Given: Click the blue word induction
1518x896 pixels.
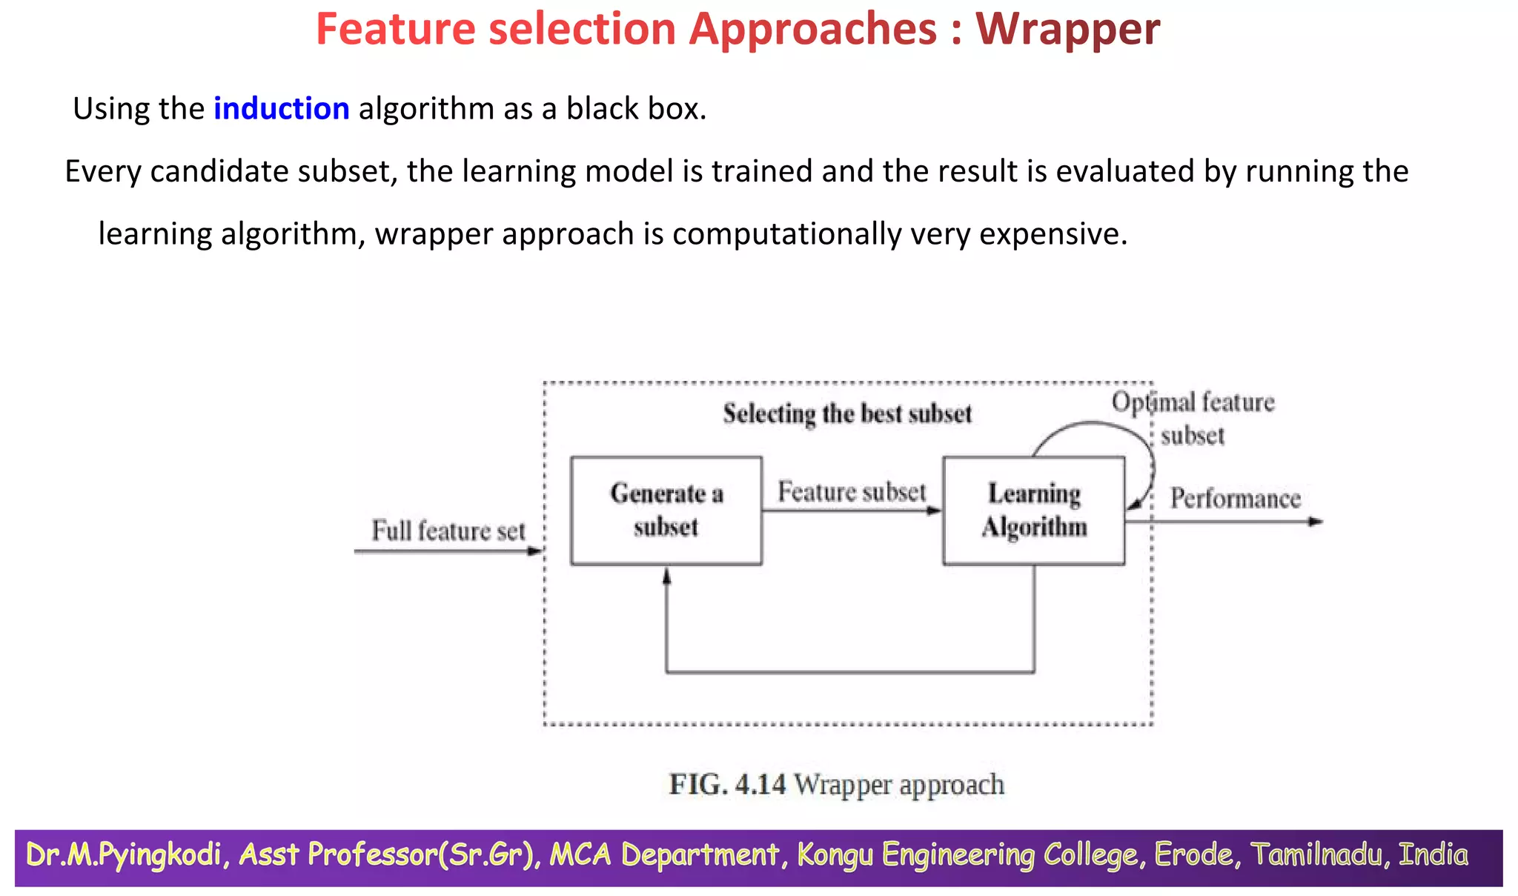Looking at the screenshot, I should [281, 109].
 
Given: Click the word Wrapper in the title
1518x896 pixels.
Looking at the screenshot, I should [1067, 30].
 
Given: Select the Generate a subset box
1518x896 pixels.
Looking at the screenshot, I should [666, 511].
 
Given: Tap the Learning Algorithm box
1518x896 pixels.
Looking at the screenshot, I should [1033, 511].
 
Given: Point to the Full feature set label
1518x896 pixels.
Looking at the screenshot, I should [448, 531].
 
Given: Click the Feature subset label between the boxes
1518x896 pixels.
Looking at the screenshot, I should [851, 491].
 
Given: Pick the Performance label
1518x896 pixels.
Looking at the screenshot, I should [1235, 498].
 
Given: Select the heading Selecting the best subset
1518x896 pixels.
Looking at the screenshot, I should [846, 414].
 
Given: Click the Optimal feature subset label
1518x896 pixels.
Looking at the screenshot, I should [1193, 418].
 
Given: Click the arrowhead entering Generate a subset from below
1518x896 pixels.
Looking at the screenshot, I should [666, 576].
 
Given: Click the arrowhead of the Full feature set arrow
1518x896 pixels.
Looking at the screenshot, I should [536, 551].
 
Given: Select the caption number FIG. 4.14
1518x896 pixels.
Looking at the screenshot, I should [727, 784].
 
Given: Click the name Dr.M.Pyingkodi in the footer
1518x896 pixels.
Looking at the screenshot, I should [123, 854].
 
